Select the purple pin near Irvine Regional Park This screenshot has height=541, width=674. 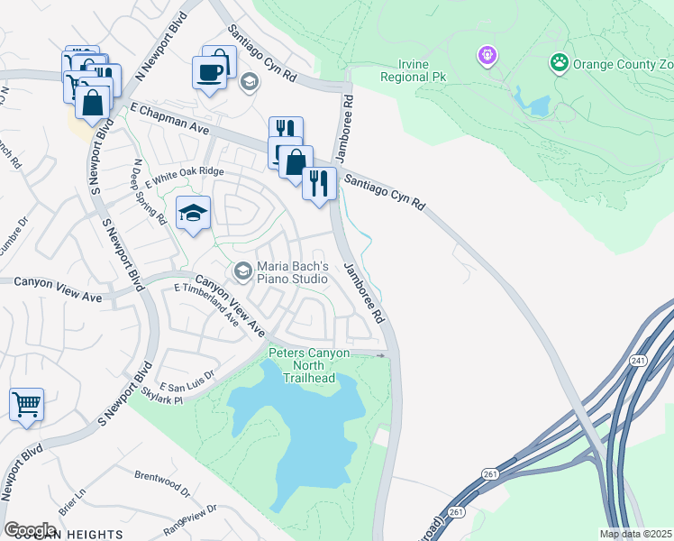click(x=487, y=56)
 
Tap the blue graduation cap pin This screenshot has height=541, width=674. click(x=193, y=215)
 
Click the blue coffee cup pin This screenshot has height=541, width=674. click(x=209, y=73)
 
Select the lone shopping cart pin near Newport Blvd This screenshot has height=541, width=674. click(x=26, y=404)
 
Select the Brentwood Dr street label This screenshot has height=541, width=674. click(x=161, y=482)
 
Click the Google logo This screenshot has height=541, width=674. click(x=30, y=529)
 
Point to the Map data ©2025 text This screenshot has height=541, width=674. click(x=635, y=534)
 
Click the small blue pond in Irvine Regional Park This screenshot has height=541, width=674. click(x=540, y=106)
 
